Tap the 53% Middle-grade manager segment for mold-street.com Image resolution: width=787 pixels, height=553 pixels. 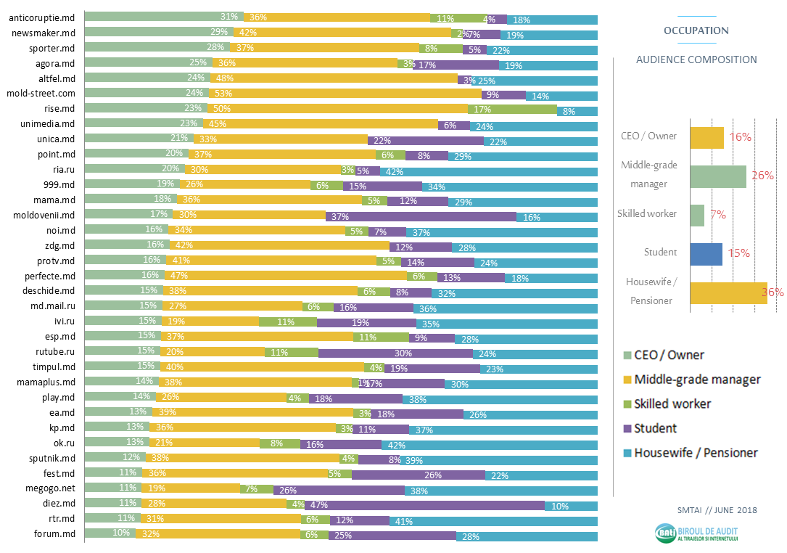(345, 94)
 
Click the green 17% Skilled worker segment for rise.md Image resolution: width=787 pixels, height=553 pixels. (512, 109)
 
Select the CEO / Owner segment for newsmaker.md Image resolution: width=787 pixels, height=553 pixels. (147, 33)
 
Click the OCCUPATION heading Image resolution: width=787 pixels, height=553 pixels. (696, 31)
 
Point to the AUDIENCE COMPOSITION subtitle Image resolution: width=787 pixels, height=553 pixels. (696, 60)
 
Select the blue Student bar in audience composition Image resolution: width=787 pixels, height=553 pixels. (706, 253)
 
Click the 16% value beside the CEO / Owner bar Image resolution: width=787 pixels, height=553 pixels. (739, 136)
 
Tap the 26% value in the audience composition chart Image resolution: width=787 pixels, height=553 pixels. (762, 176)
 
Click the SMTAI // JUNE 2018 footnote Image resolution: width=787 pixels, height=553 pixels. (716, 510)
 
